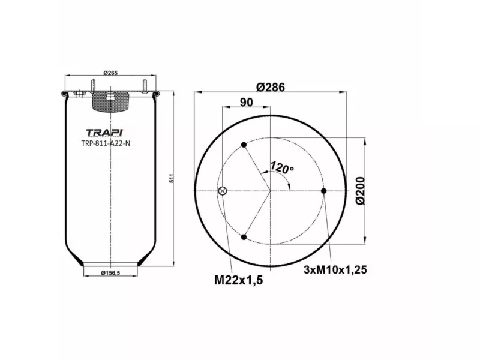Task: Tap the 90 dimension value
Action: click(246, 102)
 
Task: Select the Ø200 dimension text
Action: click(360, 191)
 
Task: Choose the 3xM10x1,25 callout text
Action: click(335, 269)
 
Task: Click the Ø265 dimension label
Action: click(109, 73)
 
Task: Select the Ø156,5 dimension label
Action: click(111, 274)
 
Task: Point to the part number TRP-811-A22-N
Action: click(106, 143)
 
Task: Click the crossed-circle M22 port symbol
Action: click(223, 191)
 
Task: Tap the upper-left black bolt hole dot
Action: click(244, 145)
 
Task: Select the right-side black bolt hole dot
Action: click(323, 191)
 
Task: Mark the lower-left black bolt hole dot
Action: click(244, 238)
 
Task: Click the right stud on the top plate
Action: click(145, 85)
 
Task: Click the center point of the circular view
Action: click(271, 191)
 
